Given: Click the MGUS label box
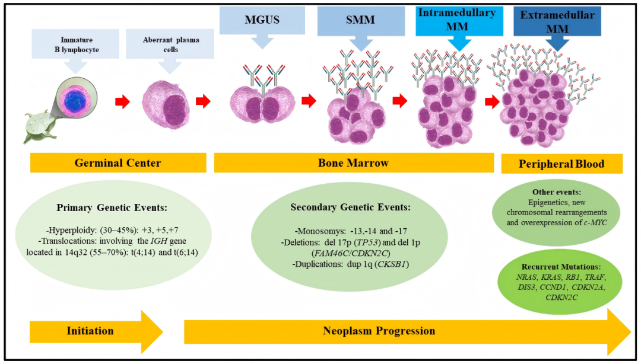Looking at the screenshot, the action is tap(262, 20).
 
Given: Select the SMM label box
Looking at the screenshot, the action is tap(360, 20).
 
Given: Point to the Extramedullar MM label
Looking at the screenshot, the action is tap(557, 21).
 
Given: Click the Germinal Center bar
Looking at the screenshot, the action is tap(118, 163).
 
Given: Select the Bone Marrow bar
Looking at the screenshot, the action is tap(354, 163).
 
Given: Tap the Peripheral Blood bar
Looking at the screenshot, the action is tap(561, 164).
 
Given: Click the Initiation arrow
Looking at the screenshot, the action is tap(96, 330).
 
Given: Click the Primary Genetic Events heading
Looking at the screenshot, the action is tap(112, 207).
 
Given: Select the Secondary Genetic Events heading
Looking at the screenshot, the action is tap(350, 207).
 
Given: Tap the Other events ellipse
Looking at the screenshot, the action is tap(556, 207).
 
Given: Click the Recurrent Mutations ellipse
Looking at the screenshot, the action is tap(560, 282).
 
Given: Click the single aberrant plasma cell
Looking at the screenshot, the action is tap(166, 104).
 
